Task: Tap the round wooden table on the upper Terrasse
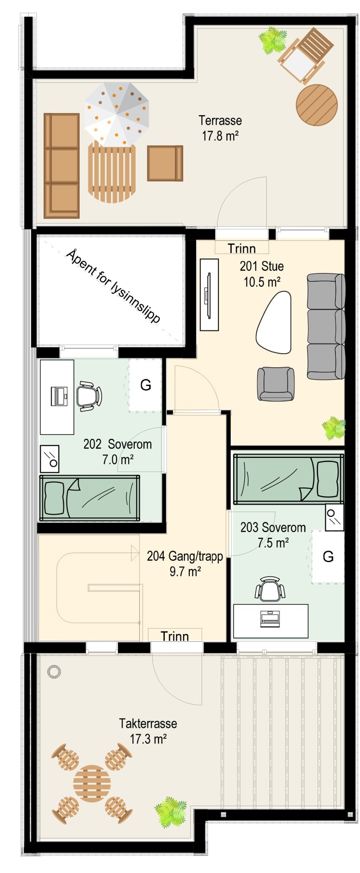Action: [x=316, y=105]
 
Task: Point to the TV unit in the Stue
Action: [x=209, y=295]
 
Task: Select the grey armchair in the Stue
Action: [x=276, y=384]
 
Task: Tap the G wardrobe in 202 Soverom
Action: [x=145, y=385]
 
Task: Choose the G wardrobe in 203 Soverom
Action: [x=328, y=557]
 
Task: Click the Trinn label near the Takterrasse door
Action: [x=174, y=636]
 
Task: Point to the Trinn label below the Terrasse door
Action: [x=241, y=248]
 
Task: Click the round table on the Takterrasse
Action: [x=92, y=784]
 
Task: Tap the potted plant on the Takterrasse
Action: [x=171, y=811]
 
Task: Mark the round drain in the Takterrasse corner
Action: [x=54, y=671]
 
